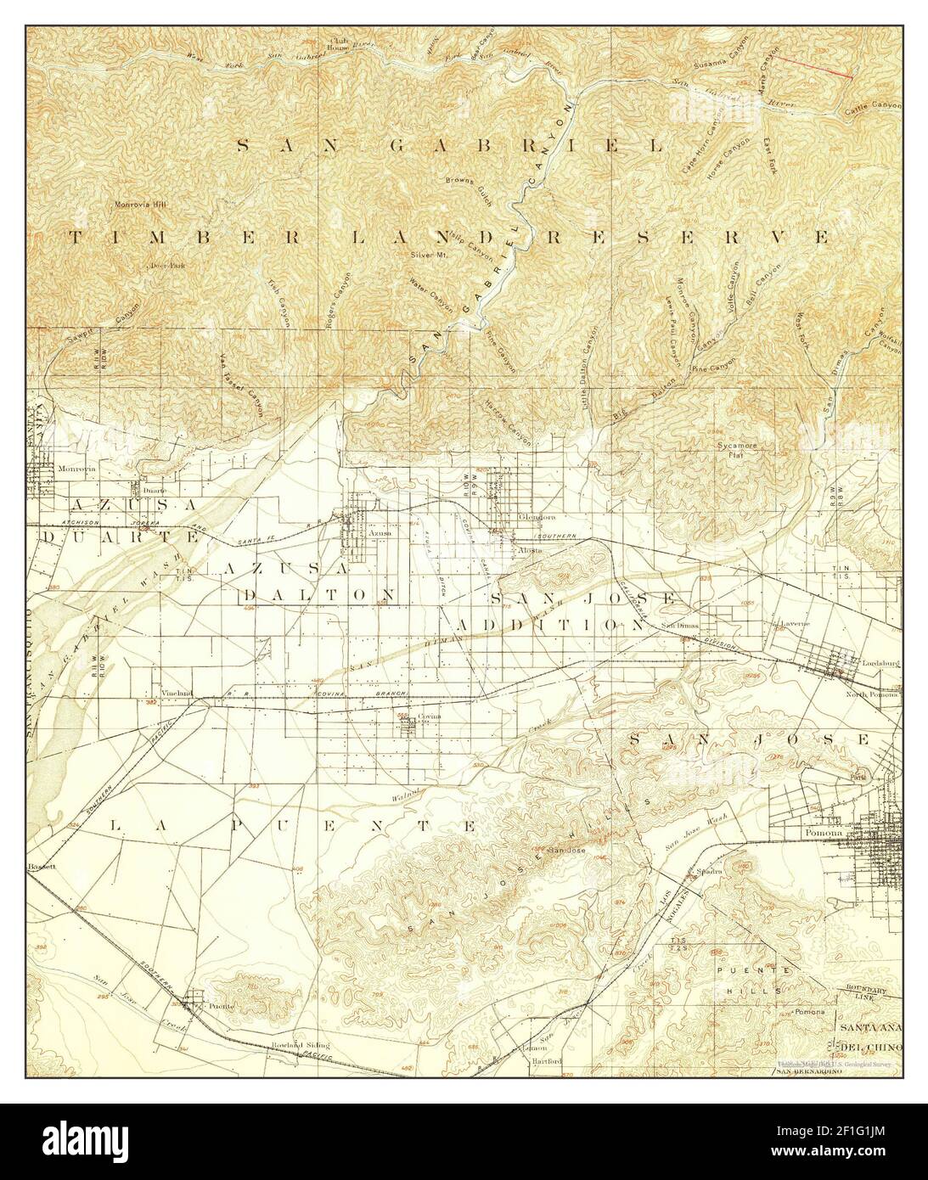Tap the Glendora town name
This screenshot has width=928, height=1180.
click(537, 517)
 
